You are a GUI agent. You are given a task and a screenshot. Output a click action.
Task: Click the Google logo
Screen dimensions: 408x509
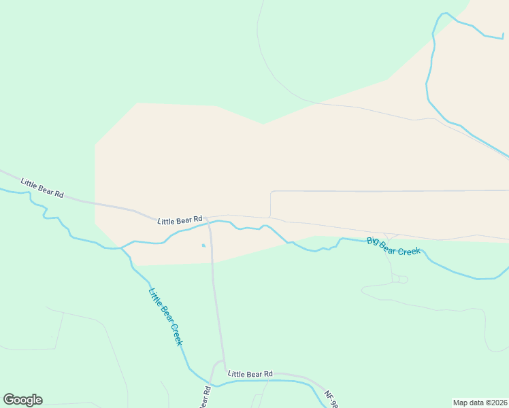pyautogui.click(x=22, y=400)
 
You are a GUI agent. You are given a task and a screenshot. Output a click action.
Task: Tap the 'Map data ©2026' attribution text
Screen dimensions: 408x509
pyautogui.click(x=480, y=402)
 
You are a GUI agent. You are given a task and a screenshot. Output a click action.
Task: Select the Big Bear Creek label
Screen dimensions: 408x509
pyautogui.click(x=394, y=246)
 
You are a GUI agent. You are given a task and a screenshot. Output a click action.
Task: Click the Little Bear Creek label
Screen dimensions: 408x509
pyautogui.click(x=166, y=317)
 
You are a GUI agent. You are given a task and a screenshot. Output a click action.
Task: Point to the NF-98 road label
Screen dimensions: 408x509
pyautogui.click(x=331, y=399)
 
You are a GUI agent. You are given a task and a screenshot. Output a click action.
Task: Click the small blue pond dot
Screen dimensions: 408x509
pyautogui.click(x=203, y=245)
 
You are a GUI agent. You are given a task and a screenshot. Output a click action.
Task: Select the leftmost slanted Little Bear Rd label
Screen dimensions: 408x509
pyautogui.click(x=42, y=188)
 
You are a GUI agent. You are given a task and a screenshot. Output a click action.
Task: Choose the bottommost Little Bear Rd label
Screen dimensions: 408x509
pyautogui.click(x=250, y=374)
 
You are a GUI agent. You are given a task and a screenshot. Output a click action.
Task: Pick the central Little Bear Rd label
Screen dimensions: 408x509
pyautogui.click(x=180, y=220)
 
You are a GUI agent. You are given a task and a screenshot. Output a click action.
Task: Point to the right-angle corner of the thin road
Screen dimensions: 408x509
pyautogui.click(x=272, y=192)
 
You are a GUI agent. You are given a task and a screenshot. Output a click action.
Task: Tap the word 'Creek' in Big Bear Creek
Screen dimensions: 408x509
pyautogui.click(x=408, y=250)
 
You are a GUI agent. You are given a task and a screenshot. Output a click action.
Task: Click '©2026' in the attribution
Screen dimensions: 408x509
pyautogui.click(x=494, y=402)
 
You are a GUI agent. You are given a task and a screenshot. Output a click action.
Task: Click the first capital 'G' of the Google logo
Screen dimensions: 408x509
pyautogui.click(x=9, y=400)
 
